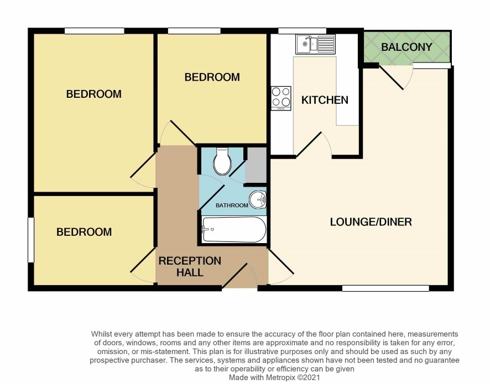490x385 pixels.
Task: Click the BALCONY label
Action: pos(406,47)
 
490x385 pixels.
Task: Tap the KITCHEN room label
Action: pos(325,100)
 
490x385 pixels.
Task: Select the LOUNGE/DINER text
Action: pos(371,222)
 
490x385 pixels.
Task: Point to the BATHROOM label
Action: pos(232,205)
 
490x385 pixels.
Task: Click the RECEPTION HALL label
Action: pos(190,266)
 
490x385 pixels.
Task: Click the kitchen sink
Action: pos(315,44)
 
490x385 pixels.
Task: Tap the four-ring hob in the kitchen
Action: pos(281,98)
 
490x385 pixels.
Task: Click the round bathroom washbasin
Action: pos(258,199)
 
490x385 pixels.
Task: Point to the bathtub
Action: pos(234,229)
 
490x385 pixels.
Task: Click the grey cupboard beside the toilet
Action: pos(256,165)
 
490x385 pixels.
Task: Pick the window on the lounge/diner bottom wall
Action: pos(385,288)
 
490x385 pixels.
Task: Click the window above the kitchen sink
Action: pos(302,30)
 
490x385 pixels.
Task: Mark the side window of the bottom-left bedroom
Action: pos(30,240)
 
